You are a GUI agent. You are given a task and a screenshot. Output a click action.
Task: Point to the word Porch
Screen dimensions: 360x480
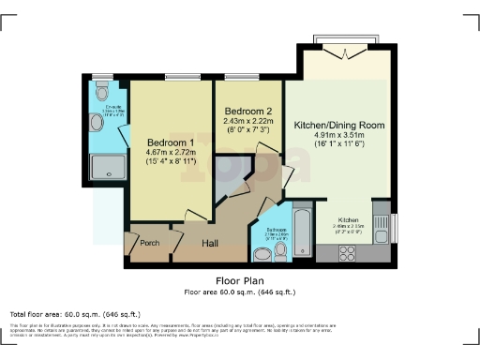(x=149, y=243)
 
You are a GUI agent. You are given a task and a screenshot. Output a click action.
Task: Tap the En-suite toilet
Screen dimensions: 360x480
(x=101, y=94)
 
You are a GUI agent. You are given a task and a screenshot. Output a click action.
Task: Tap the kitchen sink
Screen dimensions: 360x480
(x=381, y=226)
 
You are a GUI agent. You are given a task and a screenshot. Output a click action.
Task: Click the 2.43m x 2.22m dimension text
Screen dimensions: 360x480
(x=247, y=122)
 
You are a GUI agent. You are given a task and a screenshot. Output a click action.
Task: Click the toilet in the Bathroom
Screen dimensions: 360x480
(x=260, y=252)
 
